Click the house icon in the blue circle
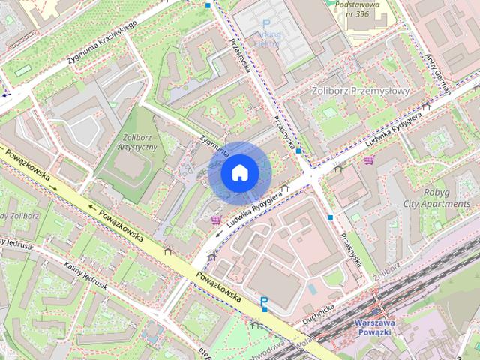pyautogui.click(x=238, y=172)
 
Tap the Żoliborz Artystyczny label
pyautogui.click(x=137, y=142)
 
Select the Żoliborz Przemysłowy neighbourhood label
pyautogui.click(x=360, y=91)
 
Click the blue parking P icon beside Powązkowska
pyautogui.click(x=264, y=302)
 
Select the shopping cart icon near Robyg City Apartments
pyautogui.click(x=368, y=160)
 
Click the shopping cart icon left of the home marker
pyautogui.click(x=216, y=220)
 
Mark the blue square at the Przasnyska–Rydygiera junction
pyautogui.click(x=298, y=151)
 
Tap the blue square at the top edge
pyautogui.click(x=208, y=5)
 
